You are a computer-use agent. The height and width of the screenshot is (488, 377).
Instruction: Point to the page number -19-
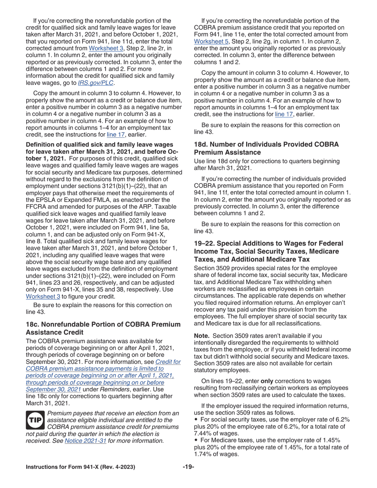(x=188, y=467)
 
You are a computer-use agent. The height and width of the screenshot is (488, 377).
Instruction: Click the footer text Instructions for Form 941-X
(x=80, y=467)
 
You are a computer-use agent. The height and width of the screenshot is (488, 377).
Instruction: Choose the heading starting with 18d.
(x=266, y=148)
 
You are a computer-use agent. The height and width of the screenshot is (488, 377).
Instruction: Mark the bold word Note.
(x=202, y=335)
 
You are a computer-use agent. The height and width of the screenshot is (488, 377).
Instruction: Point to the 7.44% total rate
(x=204, y=433)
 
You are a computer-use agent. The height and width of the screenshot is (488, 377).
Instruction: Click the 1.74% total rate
(x=204, y=454)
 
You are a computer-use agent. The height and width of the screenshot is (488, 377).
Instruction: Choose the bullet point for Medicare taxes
(x=196, y=440)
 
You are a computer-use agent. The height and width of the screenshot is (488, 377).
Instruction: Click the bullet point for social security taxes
(x=196, y=419)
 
